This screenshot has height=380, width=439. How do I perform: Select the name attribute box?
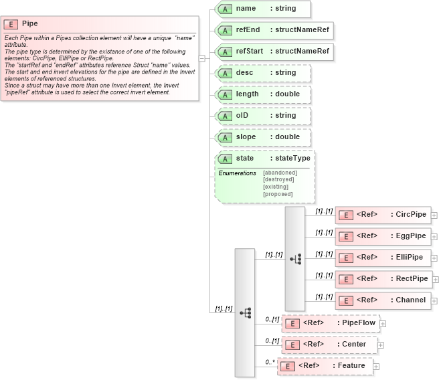point(262,9)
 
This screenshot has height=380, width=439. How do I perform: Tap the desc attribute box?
point(262,73)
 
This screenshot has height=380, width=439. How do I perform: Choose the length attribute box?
point(262,94)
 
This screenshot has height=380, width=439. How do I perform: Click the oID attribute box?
point(262,116)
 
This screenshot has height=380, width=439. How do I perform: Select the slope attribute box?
point(262,137)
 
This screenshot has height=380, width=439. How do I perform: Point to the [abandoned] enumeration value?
point(280,173)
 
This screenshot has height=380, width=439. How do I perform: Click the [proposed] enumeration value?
point(278,194)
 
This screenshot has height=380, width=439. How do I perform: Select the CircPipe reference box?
point(382,215)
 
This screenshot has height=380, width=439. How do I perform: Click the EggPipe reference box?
point(382,236)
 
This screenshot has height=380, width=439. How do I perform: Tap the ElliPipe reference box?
point(382,258)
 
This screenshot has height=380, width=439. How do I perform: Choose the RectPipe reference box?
point(382,279)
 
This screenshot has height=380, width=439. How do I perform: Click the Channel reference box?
point(382,300)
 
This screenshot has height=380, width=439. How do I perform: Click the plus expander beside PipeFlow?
point(383,323)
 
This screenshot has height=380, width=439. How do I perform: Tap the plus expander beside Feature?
point(376,367)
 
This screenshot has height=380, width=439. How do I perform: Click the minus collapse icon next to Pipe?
point(202,58)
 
